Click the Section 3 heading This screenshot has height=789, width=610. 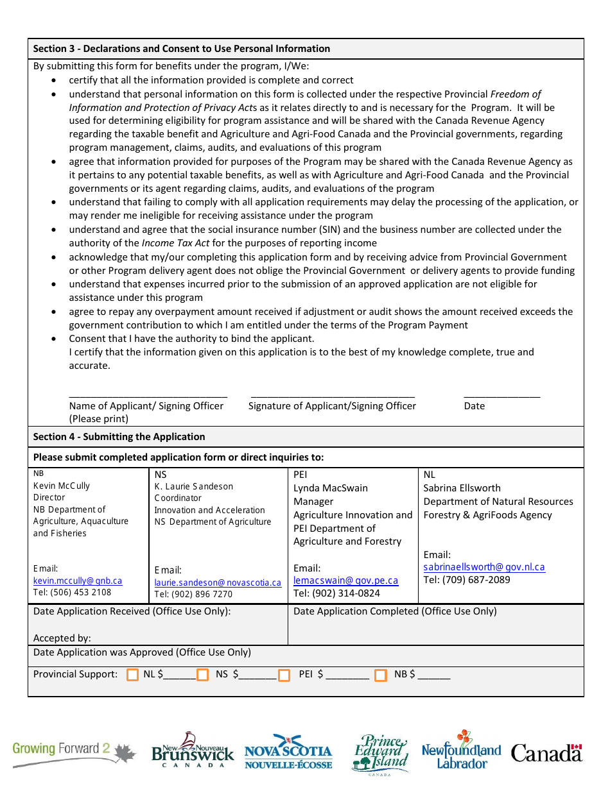tap(182, 49)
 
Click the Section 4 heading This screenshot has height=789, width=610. tap(119, 437)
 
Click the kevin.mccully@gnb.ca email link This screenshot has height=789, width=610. tap(78, 581)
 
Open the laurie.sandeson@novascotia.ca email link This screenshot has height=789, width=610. tap(218, 583)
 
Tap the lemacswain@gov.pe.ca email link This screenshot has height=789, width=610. tap(345, 581)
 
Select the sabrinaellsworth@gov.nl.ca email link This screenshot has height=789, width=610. tap(484, 567)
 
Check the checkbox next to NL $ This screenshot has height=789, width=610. tap(133, 675)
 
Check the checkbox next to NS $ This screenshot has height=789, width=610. tap(203, 675)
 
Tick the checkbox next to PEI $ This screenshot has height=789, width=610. tap(284, 675)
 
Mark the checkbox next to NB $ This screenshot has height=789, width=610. tap(381, 675)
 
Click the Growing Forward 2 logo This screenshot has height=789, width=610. tap(74, 752)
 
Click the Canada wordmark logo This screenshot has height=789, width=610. tap(546, 752)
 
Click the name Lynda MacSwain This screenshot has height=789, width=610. tap(331, 488)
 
